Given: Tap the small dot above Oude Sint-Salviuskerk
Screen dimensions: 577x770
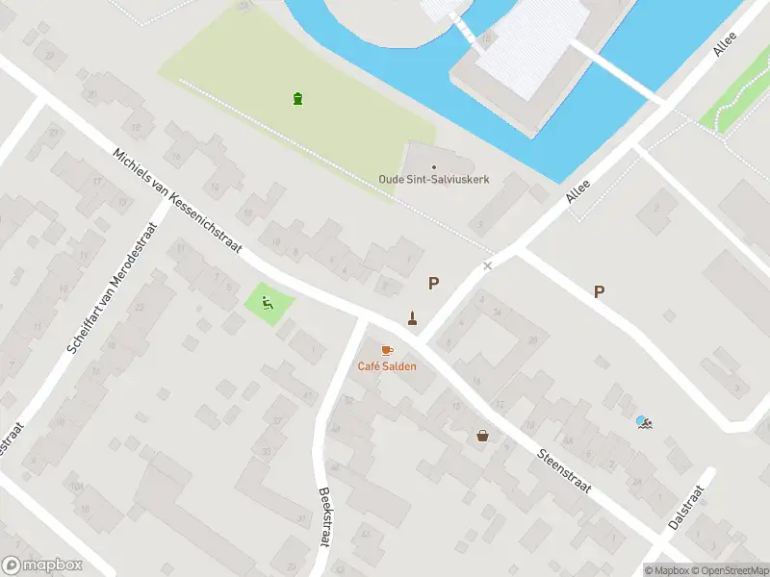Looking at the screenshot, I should click(434, 167).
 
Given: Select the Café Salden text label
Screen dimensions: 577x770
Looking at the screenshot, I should click(387, 365).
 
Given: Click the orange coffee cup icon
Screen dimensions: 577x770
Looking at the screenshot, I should click(387, 350).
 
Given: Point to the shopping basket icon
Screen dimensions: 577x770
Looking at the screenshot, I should click(482, 436).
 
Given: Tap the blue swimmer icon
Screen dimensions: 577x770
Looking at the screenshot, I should click(642, 421).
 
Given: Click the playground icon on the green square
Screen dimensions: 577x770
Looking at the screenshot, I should click(269, 304).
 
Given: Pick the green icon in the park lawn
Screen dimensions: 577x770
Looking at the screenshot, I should click(297, 97).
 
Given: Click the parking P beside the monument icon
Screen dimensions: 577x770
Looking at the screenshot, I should click(434, 284).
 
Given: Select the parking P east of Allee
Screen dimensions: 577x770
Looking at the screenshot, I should click(600, 292).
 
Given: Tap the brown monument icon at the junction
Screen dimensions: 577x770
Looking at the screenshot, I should click(412, 318).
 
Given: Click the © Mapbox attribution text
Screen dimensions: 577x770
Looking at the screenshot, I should click(668, 570).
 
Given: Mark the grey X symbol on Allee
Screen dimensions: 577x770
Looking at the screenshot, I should click(488, 265).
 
